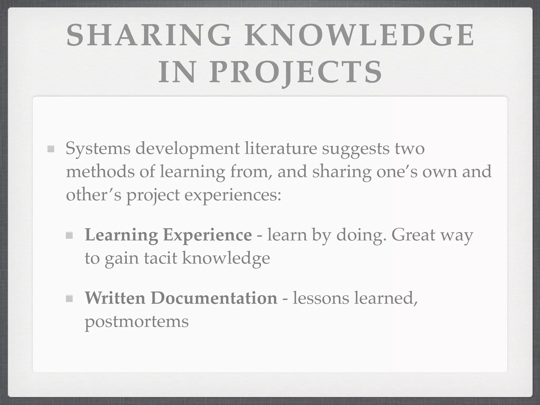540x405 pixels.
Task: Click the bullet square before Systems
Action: coord(51,149)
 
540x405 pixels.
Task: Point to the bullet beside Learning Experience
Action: coord(69,235)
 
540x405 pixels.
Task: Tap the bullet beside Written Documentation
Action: coord(69,298)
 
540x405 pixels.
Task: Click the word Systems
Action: coord(98,149)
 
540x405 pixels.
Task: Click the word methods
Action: coord(100,171)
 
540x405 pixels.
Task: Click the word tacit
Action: coord(161,258)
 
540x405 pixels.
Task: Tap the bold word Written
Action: coord(115,298)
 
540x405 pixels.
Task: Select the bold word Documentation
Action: coord(214,298)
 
